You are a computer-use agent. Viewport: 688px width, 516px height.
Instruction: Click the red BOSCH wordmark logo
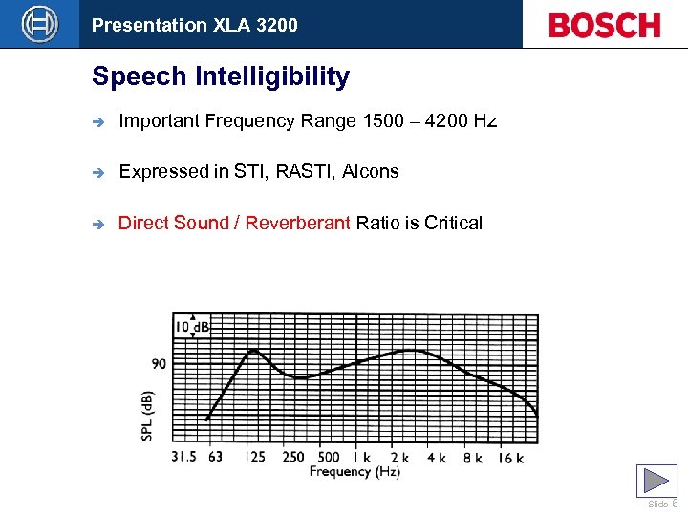tap(604, 25)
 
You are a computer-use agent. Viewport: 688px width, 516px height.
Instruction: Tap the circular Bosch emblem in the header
tap(40, 24)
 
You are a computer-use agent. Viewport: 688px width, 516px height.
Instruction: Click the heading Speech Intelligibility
tap(221, 76)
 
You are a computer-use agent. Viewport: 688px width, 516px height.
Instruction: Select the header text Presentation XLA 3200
tap(194, 25)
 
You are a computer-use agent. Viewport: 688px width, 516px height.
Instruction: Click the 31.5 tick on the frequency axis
tap(183, 457)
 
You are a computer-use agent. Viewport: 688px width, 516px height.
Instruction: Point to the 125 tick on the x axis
tap(253, 457)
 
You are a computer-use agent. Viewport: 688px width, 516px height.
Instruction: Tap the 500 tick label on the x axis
tap(328, 457)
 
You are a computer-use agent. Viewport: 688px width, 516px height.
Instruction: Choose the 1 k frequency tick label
tap(362, 457)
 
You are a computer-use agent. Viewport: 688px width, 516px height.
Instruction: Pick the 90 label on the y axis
tap(159, 363)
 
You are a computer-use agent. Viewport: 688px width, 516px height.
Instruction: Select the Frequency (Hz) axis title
tap(355, 471)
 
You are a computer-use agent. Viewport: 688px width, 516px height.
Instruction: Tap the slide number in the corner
tap(674, 504)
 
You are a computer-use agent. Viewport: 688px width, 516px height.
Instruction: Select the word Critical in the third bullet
tap(453, 224)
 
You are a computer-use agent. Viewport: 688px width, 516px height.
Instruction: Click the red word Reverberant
tap(298, 224)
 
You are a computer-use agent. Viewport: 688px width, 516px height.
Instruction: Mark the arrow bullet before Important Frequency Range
tap(97, 121)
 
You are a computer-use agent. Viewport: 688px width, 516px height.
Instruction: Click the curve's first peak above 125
tap(254, 350)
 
